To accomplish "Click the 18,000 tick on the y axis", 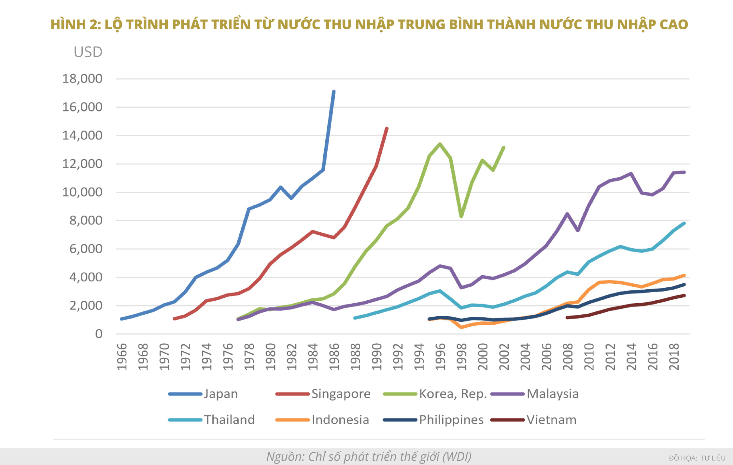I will [x=82, y=79].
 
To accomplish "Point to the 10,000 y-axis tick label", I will [x=82, y=192].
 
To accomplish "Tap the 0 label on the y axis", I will [x=99, y=334].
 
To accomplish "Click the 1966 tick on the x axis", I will [x=122, y=357].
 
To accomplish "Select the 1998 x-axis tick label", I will [x=462, y=357].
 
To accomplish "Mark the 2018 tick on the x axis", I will [x=674, y=357].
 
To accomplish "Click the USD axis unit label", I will [x=88, y=52].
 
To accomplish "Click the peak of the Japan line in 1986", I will [x=334, y=91].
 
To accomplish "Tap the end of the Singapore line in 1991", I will [x=387, y=128].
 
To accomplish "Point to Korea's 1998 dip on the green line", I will [x=461, y=216].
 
